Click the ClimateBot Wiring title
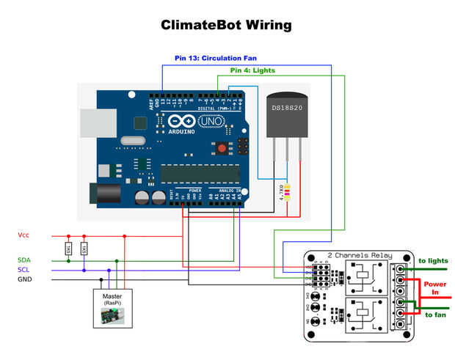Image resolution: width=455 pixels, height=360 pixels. pos(226,25)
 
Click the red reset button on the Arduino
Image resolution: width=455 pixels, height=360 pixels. pos(221,149)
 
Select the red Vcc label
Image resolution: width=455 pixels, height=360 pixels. pos(23,235)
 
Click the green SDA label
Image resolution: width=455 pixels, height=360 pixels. pos(24,260)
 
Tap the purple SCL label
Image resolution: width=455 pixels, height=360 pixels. pos(24,269)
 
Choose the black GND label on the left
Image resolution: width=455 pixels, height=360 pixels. pos(24,279)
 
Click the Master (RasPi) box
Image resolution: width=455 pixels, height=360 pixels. pos(112,307)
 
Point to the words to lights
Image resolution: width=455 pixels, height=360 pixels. pos(432,260)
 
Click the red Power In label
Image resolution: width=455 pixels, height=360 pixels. pos(434,287)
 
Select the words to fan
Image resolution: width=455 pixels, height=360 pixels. pos(434,314)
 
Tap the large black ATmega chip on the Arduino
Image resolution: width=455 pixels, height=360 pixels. pos(200,173)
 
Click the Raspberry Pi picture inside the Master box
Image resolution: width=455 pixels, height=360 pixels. pos(112,316)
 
